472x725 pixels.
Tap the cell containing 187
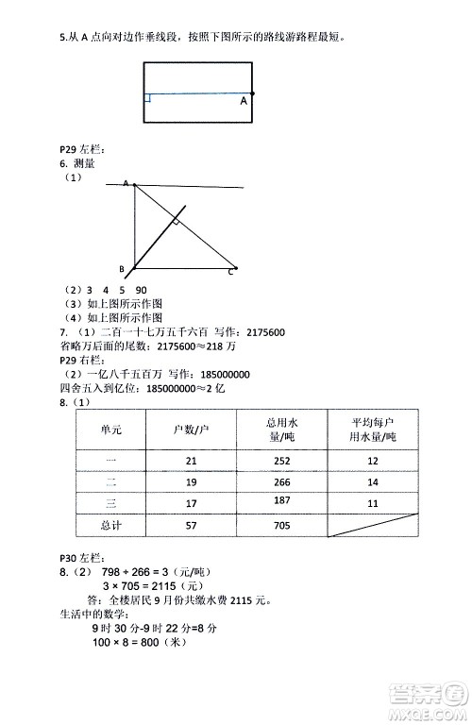pos(281,500)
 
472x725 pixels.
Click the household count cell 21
pos(192,460)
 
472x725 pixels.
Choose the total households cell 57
pos(192,525)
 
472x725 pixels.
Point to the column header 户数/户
pos(192,430)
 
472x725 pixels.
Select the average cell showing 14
pos(372,481)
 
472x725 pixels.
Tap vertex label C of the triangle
pos(229,272)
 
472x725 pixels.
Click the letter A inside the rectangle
pos(244,100)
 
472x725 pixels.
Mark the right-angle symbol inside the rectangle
pos(148,97)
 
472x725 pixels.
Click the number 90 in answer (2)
pos(141,290)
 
